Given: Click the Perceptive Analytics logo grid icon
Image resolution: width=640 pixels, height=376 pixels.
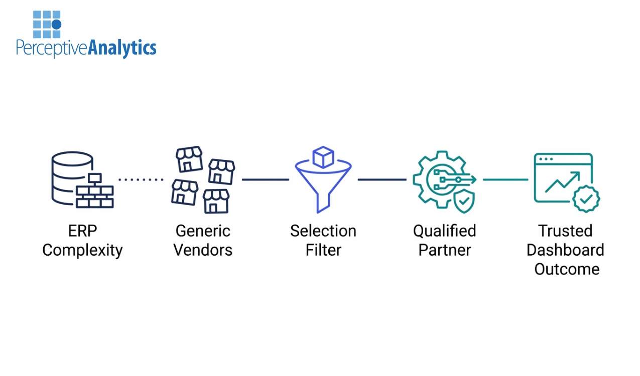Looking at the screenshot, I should pyautogui.click(x=47, y=25).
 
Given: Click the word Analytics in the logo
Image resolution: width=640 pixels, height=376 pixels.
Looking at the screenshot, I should pyautogui.click(x=122, y=48).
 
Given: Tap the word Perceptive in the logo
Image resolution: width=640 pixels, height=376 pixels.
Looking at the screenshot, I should pyautogui.click(x=52, y=49).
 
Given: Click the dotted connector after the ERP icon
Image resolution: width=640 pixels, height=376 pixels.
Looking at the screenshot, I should pyautogui.click(x=141, y=179).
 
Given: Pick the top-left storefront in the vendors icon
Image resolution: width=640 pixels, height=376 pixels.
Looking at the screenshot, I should pyautogui.click(x=189, y=158).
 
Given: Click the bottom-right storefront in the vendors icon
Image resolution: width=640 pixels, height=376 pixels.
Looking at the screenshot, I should pyautogui.click(x=216, y=201).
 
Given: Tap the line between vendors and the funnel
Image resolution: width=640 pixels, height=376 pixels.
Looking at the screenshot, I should pyautogui.click(x=265, y=179).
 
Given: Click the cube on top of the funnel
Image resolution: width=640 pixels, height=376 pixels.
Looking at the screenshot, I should pyautogui.click(x=323, y=157).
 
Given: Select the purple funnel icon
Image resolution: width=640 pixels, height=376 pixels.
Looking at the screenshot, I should pyautogui.click(x=323, y=185).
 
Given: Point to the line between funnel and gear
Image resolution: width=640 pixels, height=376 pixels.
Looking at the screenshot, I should pyautogui.click(x=381, y=179).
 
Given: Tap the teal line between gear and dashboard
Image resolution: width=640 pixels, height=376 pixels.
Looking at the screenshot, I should pyautogui.click(x=505, y=179).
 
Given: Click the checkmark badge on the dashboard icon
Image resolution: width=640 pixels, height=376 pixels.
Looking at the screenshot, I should pyautogui.click(x=586, y=199).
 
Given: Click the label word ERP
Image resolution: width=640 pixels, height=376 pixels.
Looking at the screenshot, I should pyautogui.click(x=82, y=231).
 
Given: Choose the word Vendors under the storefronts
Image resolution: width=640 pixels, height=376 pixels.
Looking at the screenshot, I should pyautogui.click(x=203, y=250).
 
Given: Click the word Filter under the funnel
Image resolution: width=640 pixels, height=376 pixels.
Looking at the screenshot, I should pyautogui.click(x=323, y=250).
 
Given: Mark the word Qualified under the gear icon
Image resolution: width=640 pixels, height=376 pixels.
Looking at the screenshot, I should pyautogui.click(x=444, y=231).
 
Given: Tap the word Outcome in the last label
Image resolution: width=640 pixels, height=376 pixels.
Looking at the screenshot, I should pyautogui.click(x=566, y=269).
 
